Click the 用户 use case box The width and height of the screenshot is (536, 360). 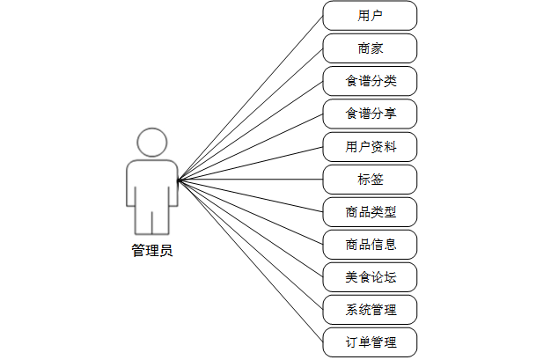point(370,16)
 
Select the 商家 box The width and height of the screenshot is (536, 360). point(370,48)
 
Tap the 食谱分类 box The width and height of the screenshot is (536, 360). point(370,81)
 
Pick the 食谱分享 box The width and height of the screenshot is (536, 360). point(370,114)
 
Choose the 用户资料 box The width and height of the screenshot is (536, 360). point(370,146)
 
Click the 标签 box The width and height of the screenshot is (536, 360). point(370,180)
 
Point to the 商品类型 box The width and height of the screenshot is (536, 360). point(370,212)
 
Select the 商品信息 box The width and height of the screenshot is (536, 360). point(370,245)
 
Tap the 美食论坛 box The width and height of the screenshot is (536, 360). point(370,277)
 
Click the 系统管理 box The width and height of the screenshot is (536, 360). point(370,310)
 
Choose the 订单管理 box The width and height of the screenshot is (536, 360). point(370,342)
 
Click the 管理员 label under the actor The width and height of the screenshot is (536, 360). point(152,251)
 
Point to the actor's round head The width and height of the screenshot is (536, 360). point(152,143)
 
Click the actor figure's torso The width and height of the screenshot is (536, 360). point(152,183)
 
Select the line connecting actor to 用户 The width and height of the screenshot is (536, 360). point(250,99)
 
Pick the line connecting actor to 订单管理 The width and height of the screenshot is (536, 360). point(250,261)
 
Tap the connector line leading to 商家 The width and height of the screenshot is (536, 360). point(250,114)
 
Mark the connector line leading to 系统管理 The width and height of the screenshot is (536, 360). point(250,245)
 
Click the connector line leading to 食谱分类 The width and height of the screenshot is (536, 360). point(250,131)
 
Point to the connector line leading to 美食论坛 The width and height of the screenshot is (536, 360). point(250,229)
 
